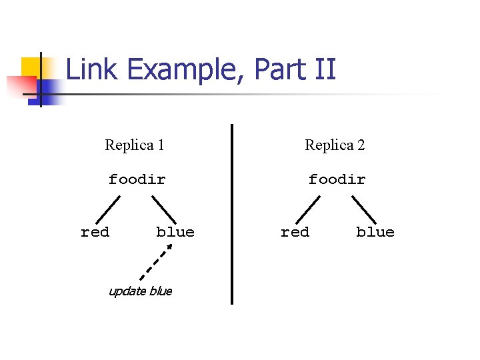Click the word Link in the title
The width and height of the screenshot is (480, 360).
[91, 69]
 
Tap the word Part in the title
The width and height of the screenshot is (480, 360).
[280, 69]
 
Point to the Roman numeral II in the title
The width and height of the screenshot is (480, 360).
[325, 69]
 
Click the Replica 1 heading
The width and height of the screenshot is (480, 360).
[135, 145]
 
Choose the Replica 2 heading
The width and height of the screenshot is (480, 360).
[335, 145]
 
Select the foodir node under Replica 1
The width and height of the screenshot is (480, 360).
[137, 179]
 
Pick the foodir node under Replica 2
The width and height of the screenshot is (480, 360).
[337, 179]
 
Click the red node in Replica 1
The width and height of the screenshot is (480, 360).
[95, 232]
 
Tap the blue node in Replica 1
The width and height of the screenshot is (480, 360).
[175, 232]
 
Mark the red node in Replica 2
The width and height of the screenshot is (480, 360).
[295, 232]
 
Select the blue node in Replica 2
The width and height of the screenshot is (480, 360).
[375, 232]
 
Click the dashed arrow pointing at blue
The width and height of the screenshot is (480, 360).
[156, 262]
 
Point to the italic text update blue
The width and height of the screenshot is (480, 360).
[141, 291]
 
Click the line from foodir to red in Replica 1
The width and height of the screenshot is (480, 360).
[108, 210]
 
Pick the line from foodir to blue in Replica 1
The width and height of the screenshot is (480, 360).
[164, 210]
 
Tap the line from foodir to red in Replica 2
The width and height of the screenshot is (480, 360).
[308, 210]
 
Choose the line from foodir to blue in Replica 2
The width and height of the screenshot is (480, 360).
[364, 210]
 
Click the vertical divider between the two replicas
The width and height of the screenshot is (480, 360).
[232, 214]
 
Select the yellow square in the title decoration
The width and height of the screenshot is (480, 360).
[31, 67]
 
